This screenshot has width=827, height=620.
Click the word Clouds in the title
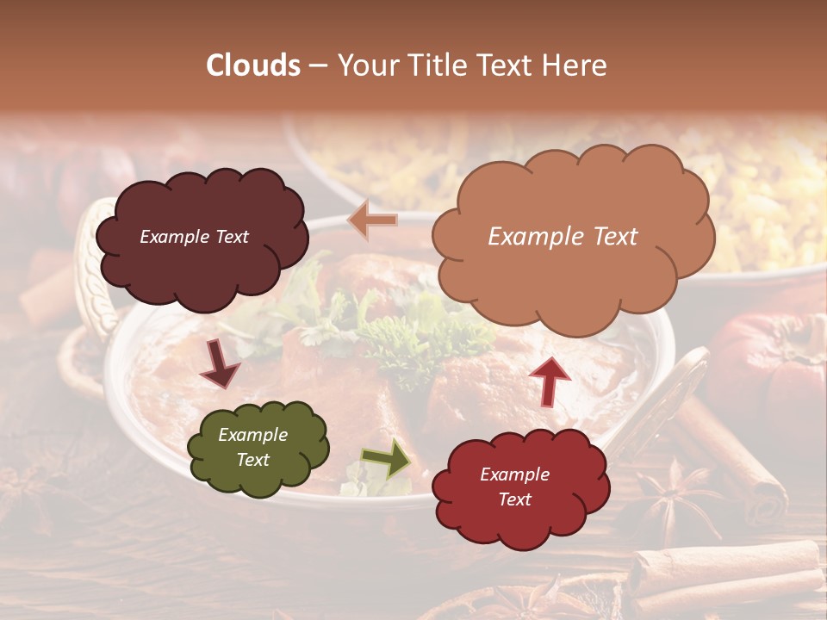coord(253,65)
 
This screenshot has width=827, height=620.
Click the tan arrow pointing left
coord(372,220)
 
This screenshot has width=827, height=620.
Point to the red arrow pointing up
coord(550,381)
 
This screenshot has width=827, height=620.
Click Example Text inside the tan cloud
coord(563,237)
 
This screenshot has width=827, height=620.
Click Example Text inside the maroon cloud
coord(194,237)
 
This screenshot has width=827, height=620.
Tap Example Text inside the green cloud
coord(253,448)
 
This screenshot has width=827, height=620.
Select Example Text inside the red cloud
coord(514,487)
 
